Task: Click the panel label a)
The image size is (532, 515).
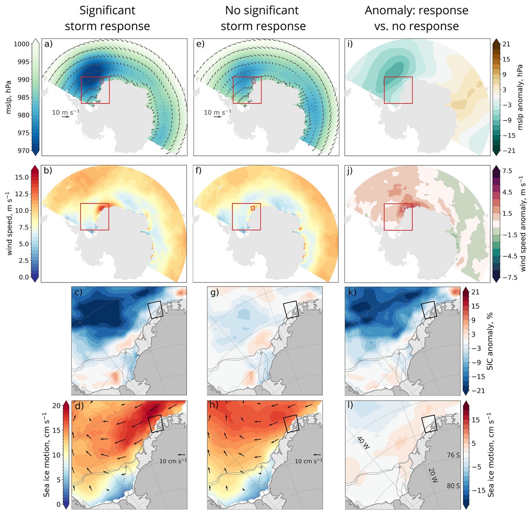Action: point(48,44)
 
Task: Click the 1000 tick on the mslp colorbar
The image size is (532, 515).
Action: point(22,44)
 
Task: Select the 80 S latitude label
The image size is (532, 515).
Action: point(453,486)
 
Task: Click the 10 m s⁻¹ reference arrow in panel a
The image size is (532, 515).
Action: point(66,117)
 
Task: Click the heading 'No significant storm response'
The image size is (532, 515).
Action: point(263,18)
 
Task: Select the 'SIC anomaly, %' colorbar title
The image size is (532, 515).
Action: point(490,341)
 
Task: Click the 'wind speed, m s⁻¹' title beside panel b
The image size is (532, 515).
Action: point(10,224)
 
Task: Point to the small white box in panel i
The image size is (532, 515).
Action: point(404,82)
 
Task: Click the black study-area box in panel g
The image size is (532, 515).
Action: point(291,310)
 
